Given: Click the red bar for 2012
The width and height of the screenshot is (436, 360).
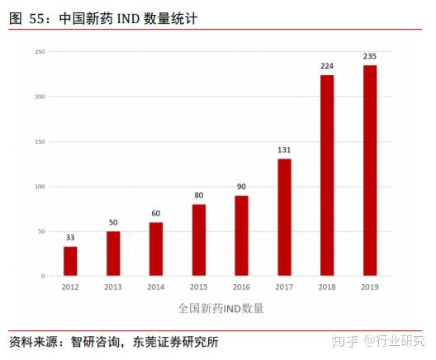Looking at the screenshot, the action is pos(70,261).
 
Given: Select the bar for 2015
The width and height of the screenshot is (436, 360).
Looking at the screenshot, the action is pos(199,240).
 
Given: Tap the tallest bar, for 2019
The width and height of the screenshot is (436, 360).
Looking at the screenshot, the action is pos(370,170).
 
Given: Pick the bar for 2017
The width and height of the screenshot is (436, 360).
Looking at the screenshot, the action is pos(284,217).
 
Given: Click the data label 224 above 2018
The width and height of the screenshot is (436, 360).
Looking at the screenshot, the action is pos(327,66).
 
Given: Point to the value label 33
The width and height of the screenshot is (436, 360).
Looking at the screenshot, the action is pos(70,238).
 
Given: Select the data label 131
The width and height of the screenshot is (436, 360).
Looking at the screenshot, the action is pos(284,149).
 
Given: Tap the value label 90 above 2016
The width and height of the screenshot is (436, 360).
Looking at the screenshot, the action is pos(241,187).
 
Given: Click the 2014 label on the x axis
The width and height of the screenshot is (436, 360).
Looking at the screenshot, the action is pos(156,287).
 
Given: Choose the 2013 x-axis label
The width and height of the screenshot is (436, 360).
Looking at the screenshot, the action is pos(113,287).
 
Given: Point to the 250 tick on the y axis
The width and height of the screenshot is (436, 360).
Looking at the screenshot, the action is pos(40,52).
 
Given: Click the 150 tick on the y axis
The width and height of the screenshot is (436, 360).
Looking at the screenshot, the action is pos(40,142).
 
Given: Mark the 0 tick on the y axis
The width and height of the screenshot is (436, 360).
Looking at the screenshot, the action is pos(43,276).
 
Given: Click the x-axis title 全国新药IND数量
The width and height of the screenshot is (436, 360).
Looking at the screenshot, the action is pos(220,308).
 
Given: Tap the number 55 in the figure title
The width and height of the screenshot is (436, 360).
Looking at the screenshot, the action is pos(36,19).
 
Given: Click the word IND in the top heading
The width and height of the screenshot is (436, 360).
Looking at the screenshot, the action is pos(128,19).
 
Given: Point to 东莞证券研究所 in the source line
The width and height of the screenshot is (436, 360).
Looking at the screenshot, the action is pos(175,342).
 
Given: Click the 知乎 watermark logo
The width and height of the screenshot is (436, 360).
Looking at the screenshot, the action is pos(345,341).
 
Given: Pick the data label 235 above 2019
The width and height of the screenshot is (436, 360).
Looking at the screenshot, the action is pos(370,56).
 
